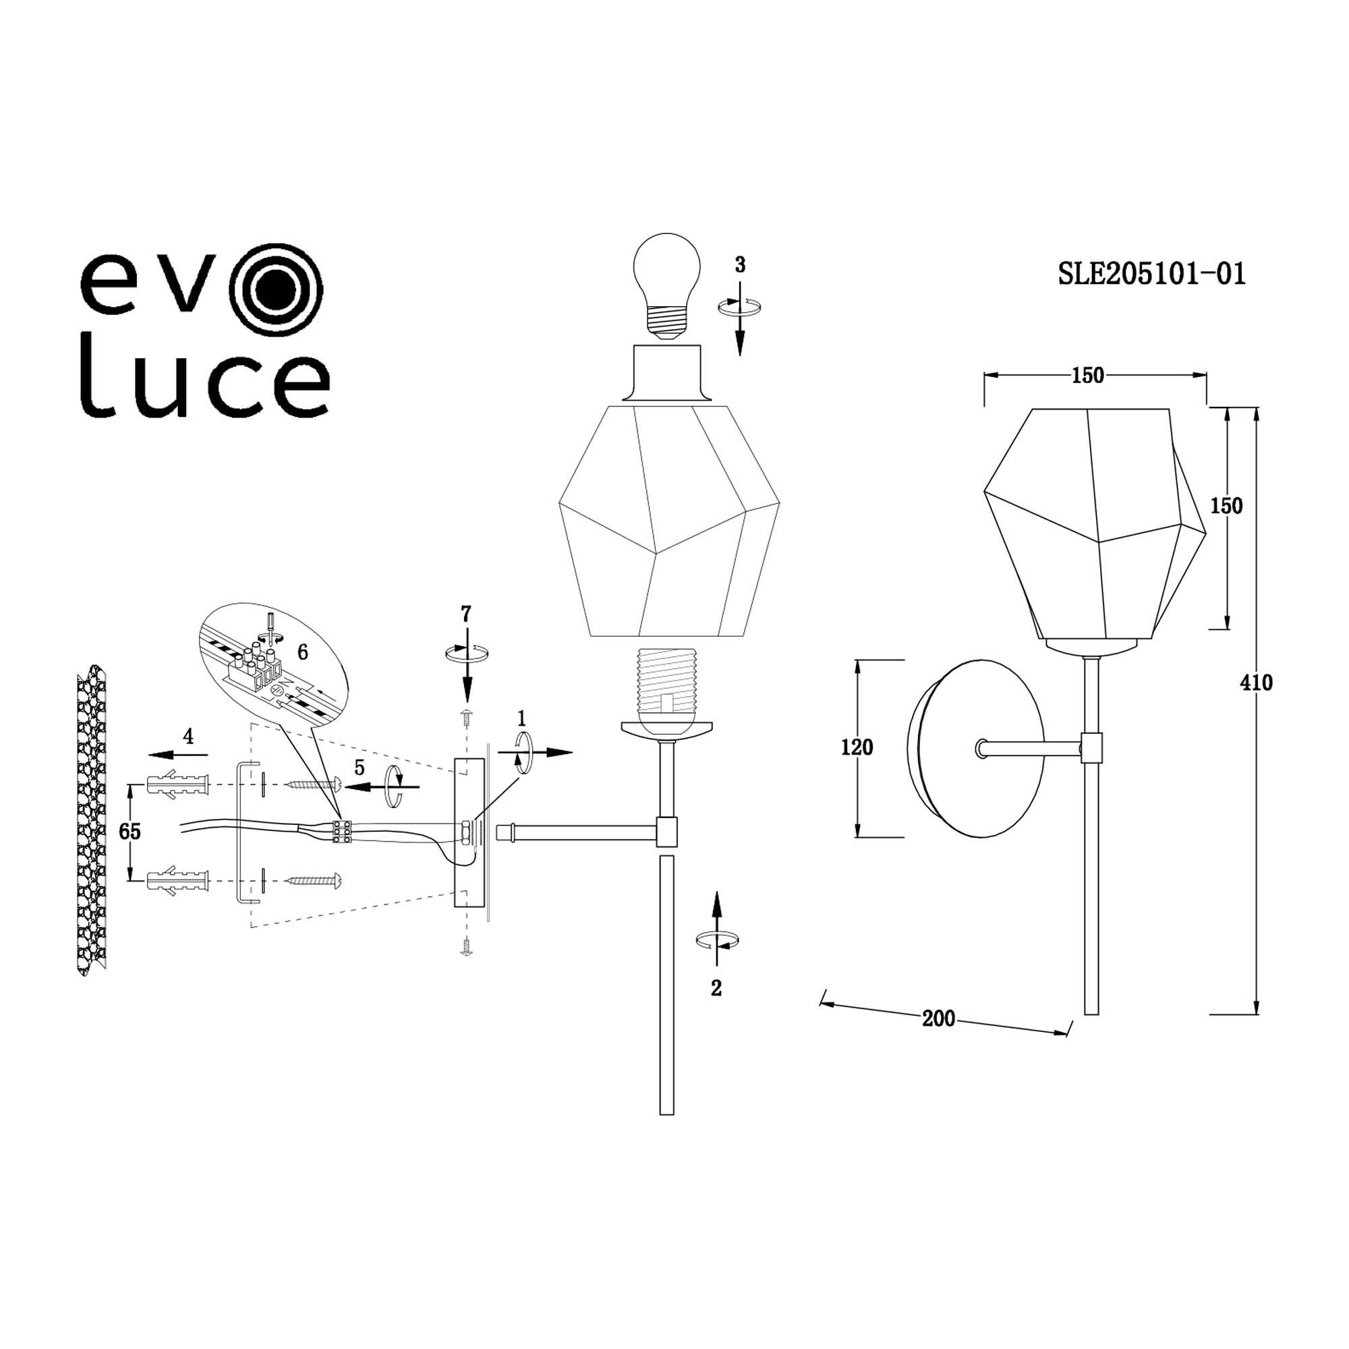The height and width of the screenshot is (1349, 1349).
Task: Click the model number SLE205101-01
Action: pos(1151,274)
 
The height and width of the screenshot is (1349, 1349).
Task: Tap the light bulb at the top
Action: pos(666,286)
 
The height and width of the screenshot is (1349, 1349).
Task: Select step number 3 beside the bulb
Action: pos(740,264)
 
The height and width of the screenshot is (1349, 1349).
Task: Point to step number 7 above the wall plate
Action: pos(465,614)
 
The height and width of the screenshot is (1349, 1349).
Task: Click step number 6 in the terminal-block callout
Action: pos(302,652)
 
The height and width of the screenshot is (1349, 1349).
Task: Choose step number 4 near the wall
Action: pos(188,736)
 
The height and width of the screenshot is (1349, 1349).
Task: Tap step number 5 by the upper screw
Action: pos(360,768)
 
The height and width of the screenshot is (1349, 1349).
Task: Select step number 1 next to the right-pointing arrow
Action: pos(521,718)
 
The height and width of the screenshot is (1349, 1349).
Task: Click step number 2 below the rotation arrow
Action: pos(716,988)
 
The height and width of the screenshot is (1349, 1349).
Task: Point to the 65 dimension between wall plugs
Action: pos(130,832)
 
